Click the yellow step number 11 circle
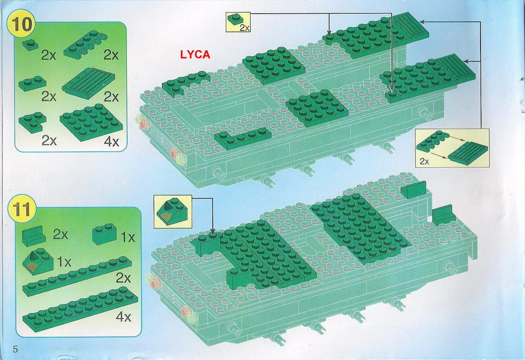tap(22, 209)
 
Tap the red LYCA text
tap(195, 55)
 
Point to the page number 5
tap(15, 349)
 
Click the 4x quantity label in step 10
tap(111, 142)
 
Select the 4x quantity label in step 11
tap(123, 316)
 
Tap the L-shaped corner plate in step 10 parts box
tap(32, 122)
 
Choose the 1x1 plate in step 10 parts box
tap(30, 45)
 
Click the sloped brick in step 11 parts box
tap(38, 260)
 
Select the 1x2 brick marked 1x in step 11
tap(104, 234)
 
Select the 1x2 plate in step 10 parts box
tap(32, 83)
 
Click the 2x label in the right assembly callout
tap(424, 162)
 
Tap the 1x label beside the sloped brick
tap(64, 262)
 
